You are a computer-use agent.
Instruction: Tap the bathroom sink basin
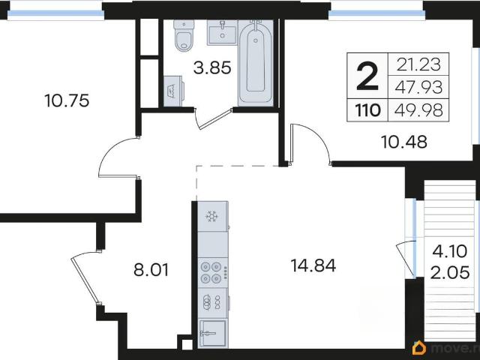(x=222, y=32)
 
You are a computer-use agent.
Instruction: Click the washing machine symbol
(x=173, y=91)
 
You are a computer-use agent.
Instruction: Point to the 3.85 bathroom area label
(x=212, y=68)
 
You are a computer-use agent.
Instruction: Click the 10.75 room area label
(x=67, y=100)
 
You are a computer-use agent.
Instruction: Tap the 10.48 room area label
(x=404, y=142)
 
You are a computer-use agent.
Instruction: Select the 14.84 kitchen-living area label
(x=313, y=265)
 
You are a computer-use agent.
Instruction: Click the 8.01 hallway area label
(x=151, y=270)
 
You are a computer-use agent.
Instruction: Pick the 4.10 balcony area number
(x=450, y=251)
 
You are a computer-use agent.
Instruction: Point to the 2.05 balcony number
(x=450, y=272)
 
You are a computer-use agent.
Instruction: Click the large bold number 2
(x=367, y=76)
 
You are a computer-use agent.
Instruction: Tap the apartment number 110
(x=367, y=110)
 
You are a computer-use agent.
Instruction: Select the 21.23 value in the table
(x=418, y=64)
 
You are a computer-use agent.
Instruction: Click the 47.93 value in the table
(x=418, y=87)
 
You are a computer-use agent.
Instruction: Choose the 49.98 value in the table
(x=418, y=110)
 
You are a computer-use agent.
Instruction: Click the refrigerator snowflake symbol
(x=211, y=217)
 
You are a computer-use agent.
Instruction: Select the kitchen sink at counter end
(x=212, y=334)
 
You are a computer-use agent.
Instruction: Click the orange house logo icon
(x=419, y=348)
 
